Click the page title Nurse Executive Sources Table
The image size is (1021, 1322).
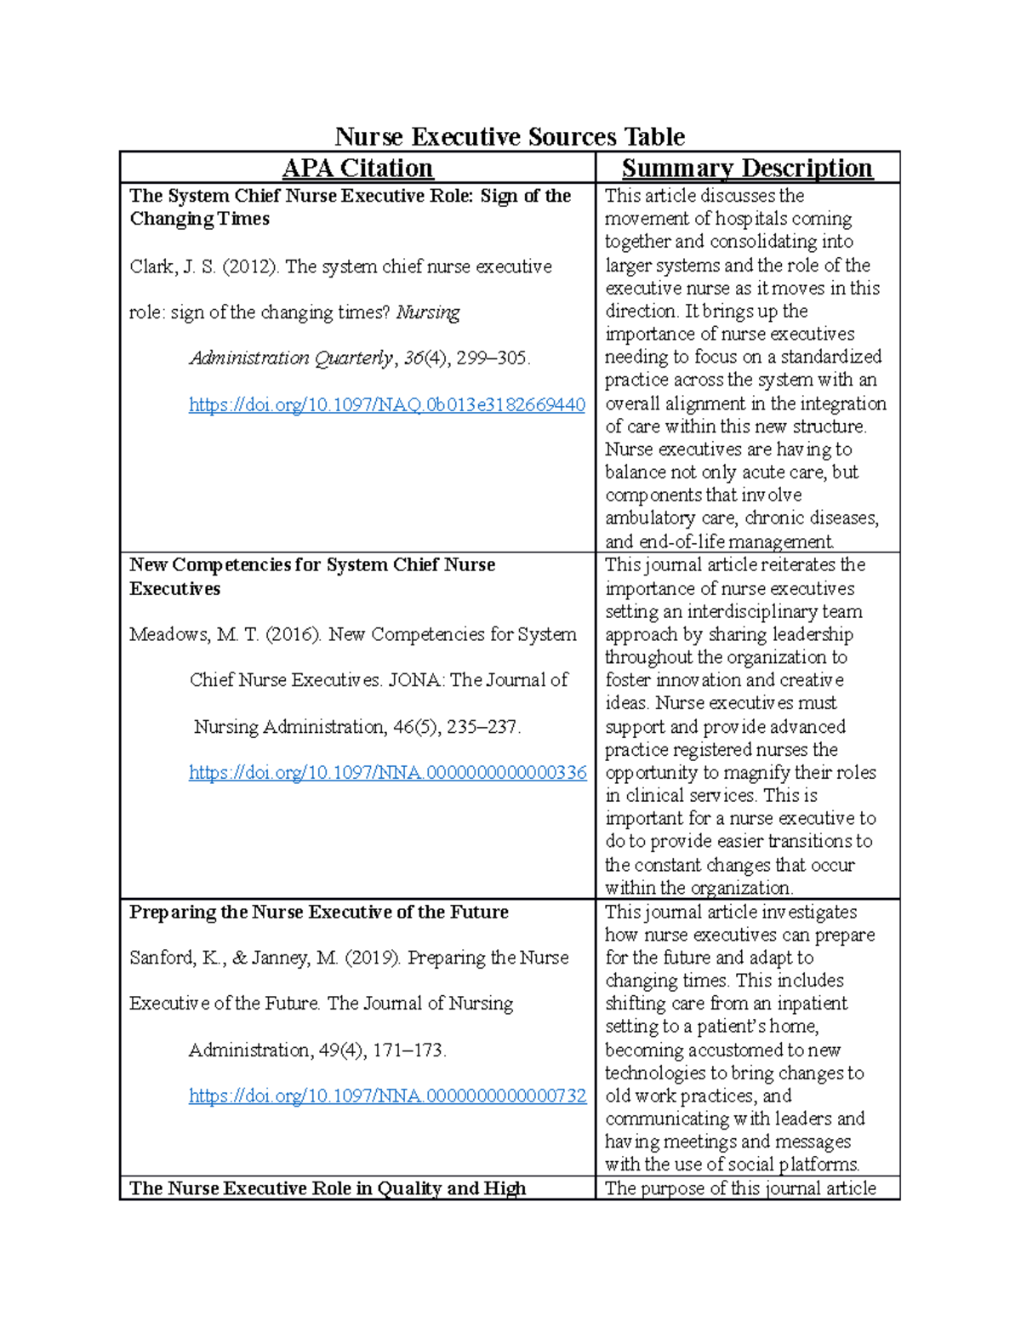[510, 136]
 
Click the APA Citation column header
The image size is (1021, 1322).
[357, 168]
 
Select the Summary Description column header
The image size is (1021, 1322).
[747, 168]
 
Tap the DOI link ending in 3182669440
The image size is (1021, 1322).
[386, 404]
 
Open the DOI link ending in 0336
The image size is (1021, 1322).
[387, 772]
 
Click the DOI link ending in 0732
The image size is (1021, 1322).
[387, 1096]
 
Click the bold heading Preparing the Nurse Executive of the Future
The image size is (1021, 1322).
[318, 912]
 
